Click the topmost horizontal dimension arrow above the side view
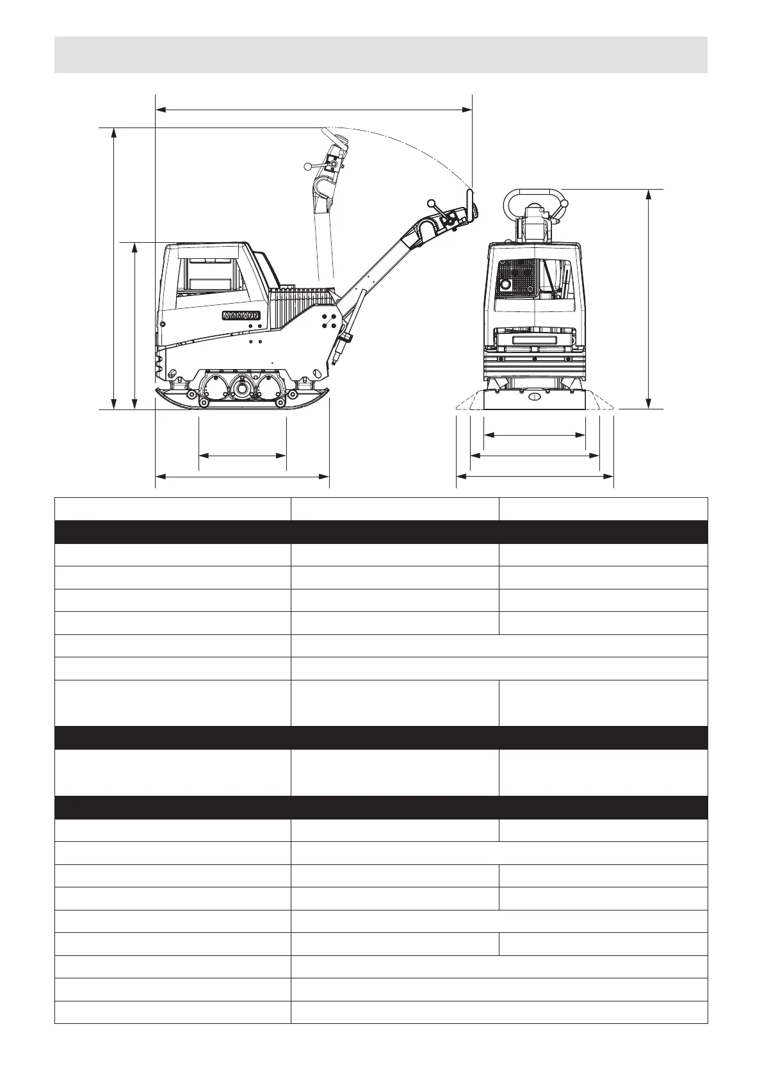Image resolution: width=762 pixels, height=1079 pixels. pyautogui.click(x=314, y=110)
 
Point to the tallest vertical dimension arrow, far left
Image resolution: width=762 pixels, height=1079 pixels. pyautogui.click(x=114, y=268)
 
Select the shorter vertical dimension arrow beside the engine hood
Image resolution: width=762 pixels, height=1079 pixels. pyautogui.click(x=135, y=325)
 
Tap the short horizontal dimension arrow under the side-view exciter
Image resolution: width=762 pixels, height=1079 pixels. pyautogui.click(x=242, y=456)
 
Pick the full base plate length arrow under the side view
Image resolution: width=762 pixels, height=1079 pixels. pyautogui.click(x=242, y=477)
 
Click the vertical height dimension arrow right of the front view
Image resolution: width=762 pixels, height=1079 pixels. pyautogui.click(x=649, y=299)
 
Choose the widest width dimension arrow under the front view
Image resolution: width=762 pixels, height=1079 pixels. pyautogui.click(x=535, y=477)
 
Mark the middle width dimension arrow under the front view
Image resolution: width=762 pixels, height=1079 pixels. pyautogui.click(x=535, y=456)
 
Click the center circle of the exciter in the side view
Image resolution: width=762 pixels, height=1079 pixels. pyautogui.click(x=242, y=388)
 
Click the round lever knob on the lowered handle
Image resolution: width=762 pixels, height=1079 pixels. pyautogui.click(x=432, y=203)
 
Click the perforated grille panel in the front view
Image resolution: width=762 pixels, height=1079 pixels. pyautogui.click(x=516, y=279)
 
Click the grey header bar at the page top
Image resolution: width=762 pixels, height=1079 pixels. pyautogui.click(x=380, y=54)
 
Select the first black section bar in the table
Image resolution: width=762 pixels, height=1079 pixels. pyautogui.click(x=380, y=532)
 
